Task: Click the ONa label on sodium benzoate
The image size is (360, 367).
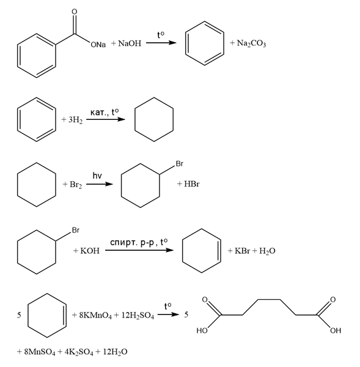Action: click(x=98, y=45)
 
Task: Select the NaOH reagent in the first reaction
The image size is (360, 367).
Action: click(x=130, y=43)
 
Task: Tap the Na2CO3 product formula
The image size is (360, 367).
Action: click(x=251, y=43)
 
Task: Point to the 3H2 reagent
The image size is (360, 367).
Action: click(x=75, y=120)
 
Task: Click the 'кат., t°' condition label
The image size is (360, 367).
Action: click(x=105, y=113)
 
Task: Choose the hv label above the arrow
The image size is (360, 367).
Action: click(x=97, y=176)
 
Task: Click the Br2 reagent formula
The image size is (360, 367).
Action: click(x=76, y=185)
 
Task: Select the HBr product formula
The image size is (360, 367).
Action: click(x=191, y=184)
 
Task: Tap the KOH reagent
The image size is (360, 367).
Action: click(x=90, y=251)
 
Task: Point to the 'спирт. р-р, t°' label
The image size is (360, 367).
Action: click(x=139, y=242)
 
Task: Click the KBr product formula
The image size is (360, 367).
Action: click(x=242, y=251)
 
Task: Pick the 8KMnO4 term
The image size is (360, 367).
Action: click(x=95, y=315)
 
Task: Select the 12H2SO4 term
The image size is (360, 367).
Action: click(x=138, y=315)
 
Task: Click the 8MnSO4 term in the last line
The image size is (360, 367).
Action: click(x=40, y=352)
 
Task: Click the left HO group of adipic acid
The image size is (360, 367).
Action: click(x=202, y=330)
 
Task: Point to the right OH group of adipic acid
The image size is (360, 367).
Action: click(x=336, y=330)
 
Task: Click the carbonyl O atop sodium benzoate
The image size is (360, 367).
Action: click(x=75, y=12)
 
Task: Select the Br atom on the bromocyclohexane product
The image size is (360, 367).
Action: click(x=180, y=163)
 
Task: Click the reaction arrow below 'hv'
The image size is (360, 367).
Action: click(x=100, y=184)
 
